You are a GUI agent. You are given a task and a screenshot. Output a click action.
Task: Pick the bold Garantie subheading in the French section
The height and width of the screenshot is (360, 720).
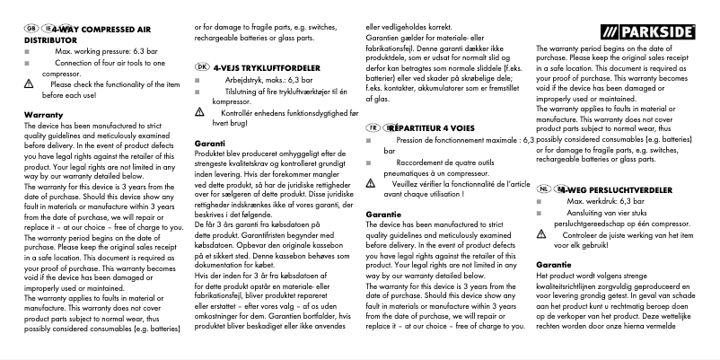385,215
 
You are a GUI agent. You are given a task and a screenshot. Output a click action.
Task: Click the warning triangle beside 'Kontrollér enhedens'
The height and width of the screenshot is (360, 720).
200,114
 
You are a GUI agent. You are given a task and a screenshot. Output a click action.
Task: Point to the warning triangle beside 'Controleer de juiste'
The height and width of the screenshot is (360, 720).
541,234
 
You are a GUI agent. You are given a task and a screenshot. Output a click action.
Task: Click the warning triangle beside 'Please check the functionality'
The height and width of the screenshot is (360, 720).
27,83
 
